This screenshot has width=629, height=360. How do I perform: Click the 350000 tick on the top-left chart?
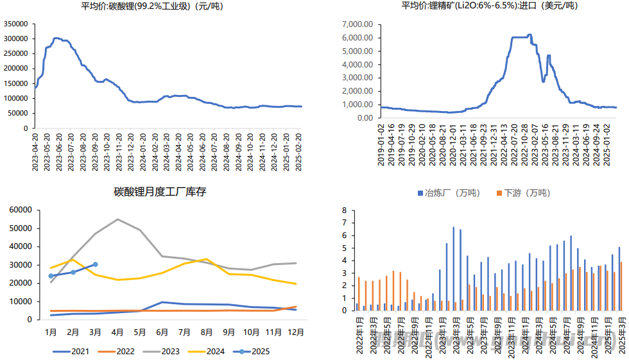15,23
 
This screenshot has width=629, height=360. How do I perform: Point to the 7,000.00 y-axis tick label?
357,24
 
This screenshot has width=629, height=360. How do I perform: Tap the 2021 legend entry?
70,351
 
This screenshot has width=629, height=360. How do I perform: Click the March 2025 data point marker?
96,264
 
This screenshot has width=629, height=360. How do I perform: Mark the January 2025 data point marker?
51,276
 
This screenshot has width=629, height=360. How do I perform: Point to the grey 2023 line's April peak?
117,219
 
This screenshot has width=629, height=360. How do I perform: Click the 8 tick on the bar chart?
344,210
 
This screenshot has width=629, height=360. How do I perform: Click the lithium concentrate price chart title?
489,6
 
